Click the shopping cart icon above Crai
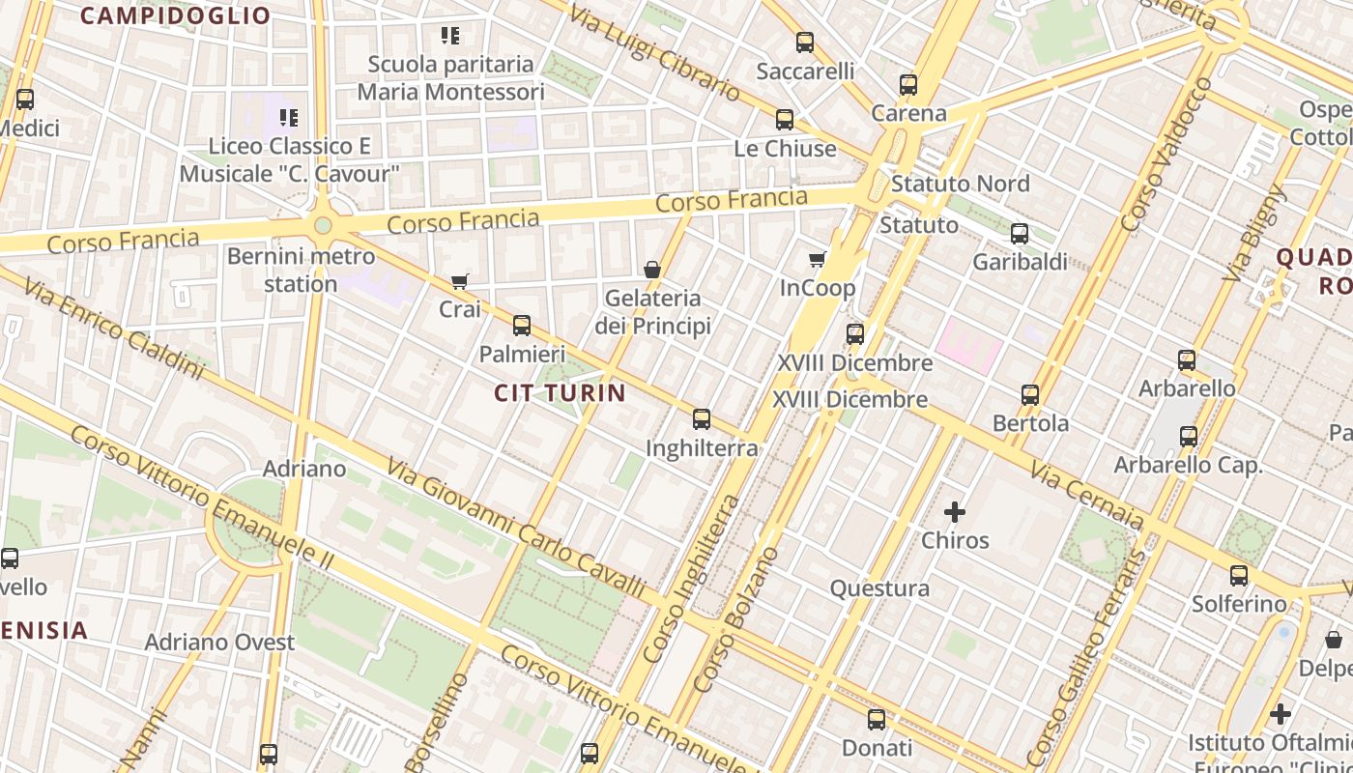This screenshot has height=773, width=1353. (x=459, y=282)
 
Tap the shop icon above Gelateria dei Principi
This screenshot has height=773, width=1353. (x=652, y=270)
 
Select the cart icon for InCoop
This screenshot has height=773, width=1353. (x=817, y=259)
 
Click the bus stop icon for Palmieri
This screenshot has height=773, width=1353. (x=522, y=325)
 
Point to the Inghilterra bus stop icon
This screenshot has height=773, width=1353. (x=702, y=419)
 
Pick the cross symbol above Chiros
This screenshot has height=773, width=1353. (x=955, y=512)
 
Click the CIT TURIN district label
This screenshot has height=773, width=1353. (x=561, y=392)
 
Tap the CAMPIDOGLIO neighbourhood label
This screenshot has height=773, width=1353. (x=175, y=15)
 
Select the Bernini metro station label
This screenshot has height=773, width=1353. (x=301, y=271)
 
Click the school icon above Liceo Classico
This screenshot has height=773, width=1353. (x=288, y=118)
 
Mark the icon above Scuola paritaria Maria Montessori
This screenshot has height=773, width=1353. (x=449, y=36)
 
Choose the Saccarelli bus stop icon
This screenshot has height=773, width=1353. (x=805, y=43)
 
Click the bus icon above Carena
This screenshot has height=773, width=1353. (x=908, y=85)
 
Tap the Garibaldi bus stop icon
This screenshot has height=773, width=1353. (x=1020, y=234)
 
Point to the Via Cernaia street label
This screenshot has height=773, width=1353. (x=1087, y=494)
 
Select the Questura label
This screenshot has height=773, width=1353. (x=879, y=588)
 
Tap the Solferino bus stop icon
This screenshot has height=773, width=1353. (x=1239, y=576)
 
